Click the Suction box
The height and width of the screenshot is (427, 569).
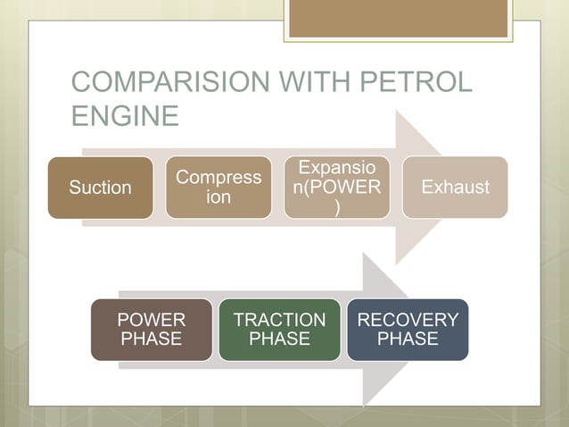click(x=100, y=188)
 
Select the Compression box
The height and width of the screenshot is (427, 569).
click(x=219, y=188)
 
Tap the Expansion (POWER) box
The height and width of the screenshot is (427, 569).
click(x=336, y=188)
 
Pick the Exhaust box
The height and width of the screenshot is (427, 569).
click(x=455, y=188)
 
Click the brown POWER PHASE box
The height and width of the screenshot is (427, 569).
click(x=152, y=330)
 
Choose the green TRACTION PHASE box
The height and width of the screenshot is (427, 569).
click(x=279, y=330)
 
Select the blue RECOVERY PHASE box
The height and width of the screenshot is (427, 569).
click(x=408, y=330)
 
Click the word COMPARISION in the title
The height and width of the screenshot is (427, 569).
click(x=165, y=83)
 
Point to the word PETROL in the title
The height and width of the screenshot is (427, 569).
click(x=414, y=83)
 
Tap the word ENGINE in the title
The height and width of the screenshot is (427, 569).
click(x=125, y=116)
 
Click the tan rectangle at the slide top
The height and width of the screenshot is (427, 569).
click(x=399, y=19)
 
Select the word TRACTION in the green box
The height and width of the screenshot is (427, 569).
click(x=279, y=320)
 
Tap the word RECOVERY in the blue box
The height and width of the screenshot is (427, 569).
click(x=408, y=320)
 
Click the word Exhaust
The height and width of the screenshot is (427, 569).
click(x=455, y=188)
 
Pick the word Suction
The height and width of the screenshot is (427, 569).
click(x=100, y=188)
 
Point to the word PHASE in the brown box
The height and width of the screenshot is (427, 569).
click(x=152, y=339)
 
